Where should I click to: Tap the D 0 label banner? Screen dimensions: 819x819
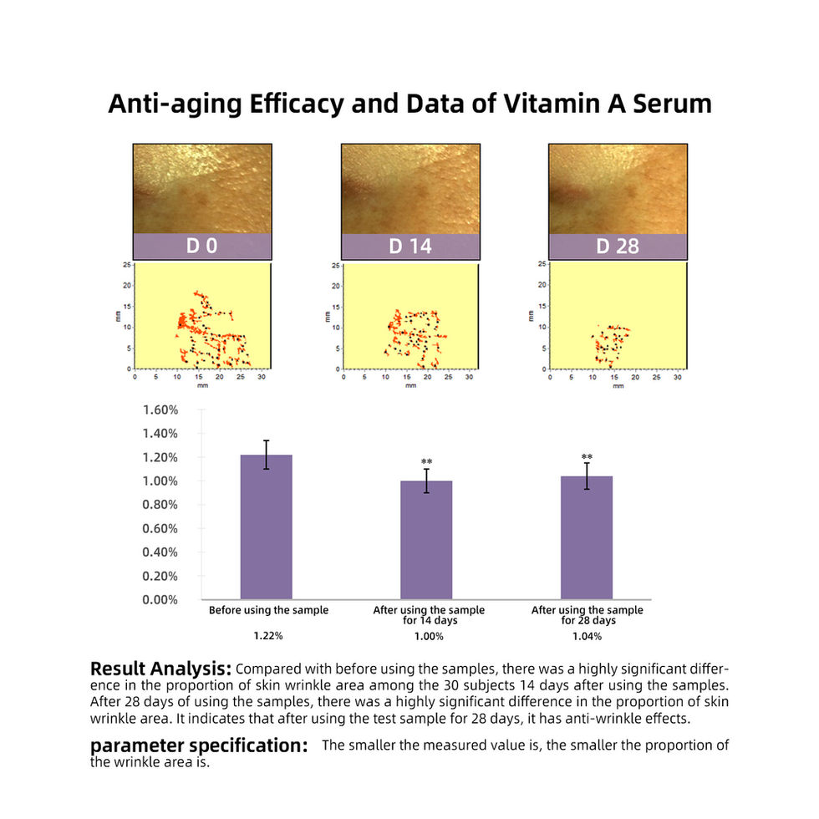pyautogui.click(x=202, y=247)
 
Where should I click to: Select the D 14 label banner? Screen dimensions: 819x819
pyautogui.click(x=409, y=247)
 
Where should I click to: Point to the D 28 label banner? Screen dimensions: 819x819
pyautogui.click(x=618, y=247)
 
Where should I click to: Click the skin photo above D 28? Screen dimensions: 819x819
pyautogui.click(x=618, y=189)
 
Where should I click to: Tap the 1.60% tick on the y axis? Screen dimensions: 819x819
pyautogui.click(x=161, y=409)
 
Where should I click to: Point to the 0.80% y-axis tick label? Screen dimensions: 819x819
pyautogui.click(x=161, y=505)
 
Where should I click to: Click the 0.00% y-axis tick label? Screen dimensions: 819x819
pyautogui.click(x=161, y=599)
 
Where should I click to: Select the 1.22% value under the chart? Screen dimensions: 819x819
pyautogui.click(x=268, y=636)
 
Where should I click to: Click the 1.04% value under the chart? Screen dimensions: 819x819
pyautogui.click(x=587, y=636)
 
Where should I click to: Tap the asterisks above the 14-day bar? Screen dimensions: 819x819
pyautogui.click(x=426, y=462)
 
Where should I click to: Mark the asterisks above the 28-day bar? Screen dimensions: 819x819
pyautogui.click(x=587, y=457)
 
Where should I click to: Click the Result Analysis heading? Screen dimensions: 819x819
pyautogui.click(x=160, y=669)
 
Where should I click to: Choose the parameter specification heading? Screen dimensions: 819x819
pyautogui.click(x=199, y=745)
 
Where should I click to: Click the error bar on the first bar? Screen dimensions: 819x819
pyautogui.click(x=267, y=455)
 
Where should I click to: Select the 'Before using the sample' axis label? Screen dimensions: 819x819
pyautogui.click(x=268, y=610)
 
